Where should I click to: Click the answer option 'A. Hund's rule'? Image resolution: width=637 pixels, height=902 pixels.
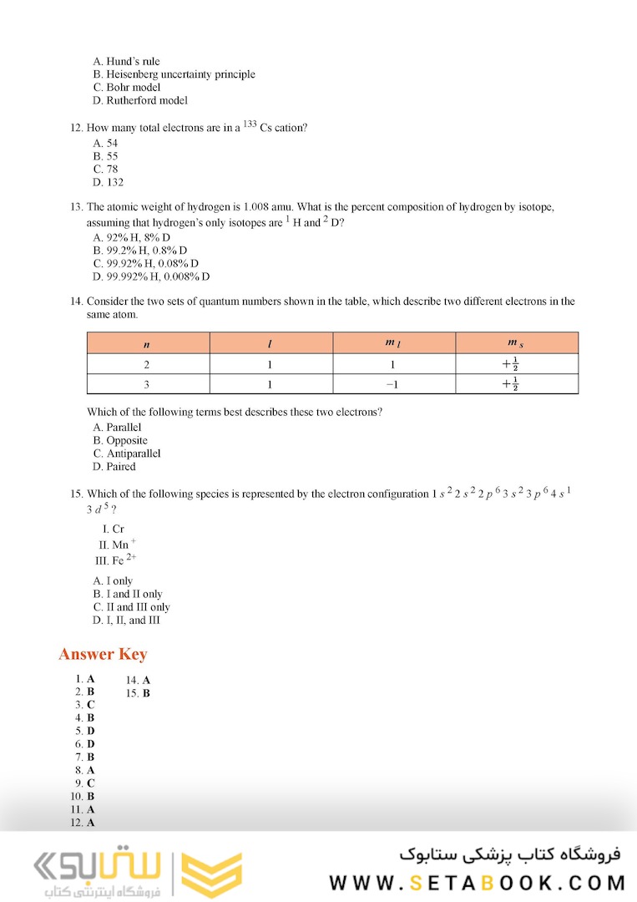(126, 61)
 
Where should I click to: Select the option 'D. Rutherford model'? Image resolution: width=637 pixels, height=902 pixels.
(140, 100)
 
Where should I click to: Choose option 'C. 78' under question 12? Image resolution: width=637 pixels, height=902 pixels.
(106, 169)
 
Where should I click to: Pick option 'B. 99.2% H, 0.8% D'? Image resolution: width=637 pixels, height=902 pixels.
(140, 250)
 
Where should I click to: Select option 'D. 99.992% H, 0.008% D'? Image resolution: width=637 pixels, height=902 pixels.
(151, 276)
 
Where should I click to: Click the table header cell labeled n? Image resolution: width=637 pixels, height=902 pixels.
(148, 343)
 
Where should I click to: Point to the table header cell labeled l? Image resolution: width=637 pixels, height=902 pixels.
(270, 343)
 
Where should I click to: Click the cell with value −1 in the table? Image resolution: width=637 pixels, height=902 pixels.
(393, 384)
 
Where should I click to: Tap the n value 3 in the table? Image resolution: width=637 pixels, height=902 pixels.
(148, 384)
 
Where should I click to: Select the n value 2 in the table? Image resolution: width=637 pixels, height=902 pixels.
(148, 364)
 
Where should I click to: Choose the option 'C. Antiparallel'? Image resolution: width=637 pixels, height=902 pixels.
(127, 454)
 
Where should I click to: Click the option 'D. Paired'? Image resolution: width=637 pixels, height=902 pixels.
(114, 467)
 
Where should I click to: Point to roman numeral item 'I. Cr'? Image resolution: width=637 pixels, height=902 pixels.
(113, 529)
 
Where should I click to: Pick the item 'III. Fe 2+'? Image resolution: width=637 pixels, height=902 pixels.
(116, 560)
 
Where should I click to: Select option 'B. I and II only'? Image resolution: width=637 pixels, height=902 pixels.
(128, 594)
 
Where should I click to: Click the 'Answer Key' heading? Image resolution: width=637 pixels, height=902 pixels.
(103, 654)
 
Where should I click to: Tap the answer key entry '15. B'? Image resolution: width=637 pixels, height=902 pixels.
(138, 693)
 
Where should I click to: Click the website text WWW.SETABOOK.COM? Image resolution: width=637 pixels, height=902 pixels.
(477, 883)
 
